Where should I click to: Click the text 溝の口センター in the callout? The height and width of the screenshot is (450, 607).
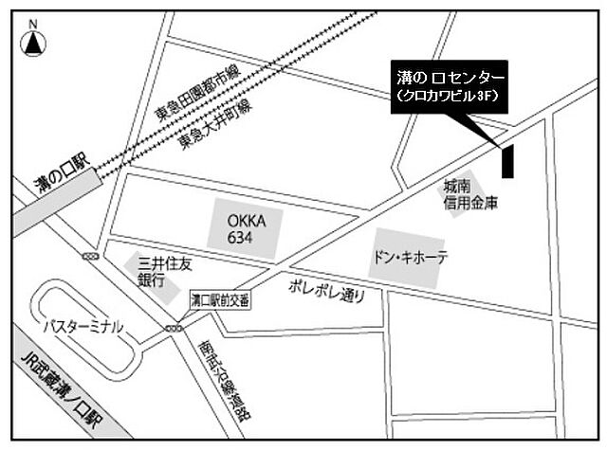click(450, 76)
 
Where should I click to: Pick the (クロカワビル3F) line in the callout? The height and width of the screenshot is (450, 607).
click(450, 96)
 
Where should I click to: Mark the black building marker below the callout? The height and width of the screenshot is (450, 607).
click(507, 160)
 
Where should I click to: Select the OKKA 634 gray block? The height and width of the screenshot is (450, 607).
click(244, 228)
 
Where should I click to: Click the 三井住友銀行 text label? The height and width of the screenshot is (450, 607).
click(152, 272)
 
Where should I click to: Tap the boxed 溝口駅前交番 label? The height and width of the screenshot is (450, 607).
click(220, 300)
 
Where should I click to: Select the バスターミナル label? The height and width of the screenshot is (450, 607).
click(83, 326)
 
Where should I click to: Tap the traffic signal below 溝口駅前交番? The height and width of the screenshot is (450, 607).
click(174, 328)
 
